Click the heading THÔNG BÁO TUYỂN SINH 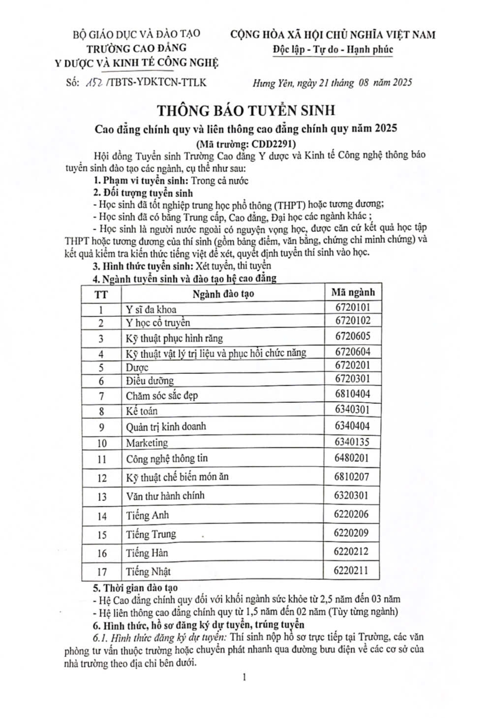pos(245,109)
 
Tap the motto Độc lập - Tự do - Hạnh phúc pos(333,50)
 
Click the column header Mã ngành pos(352,292)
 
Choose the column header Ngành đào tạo pos(223,294)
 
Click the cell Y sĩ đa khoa pos(151,310)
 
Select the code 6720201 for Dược pos(352,365)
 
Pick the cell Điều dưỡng pos(150,381)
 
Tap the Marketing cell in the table pos(147,443)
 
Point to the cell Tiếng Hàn pos(147,553)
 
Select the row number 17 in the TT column pos(102,572)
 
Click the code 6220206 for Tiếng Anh pos(351,515)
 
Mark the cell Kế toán pos(142,411)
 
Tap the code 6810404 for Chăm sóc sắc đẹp pos(352,394)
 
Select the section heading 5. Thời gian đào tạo pos(135,587)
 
